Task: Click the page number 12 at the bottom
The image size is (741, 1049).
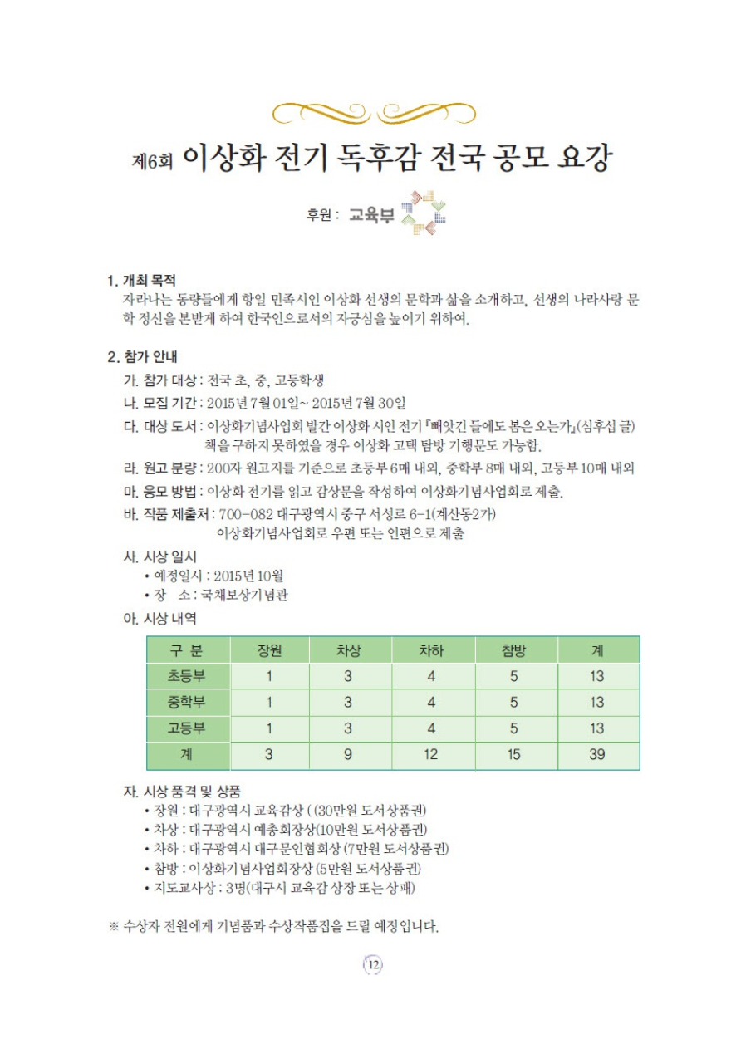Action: (371, 964)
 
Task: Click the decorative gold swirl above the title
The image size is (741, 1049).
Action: (370, 110)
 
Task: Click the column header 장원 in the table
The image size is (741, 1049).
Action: (269, 650)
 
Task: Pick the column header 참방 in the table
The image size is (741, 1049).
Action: (514, 650)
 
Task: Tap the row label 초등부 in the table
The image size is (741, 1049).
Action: (187, 676)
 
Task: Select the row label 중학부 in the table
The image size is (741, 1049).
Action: (187, 703)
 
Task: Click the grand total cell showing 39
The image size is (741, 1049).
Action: (597, 755)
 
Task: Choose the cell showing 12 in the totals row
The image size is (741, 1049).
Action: (431, 755)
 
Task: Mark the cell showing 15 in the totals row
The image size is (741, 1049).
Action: (514, 755)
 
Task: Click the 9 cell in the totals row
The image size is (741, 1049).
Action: (348, 755)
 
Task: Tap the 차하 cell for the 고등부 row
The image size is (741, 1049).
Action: (431, 729)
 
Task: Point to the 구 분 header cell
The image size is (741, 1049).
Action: (187, 650)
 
